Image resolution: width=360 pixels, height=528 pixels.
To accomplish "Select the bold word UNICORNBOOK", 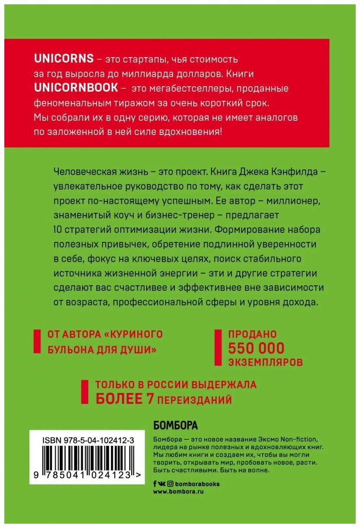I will [x=76, y=87].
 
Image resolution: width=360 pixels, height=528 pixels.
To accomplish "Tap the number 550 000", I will [x=256, y=348].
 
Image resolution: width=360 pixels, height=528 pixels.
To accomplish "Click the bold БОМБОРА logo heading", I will [x=175, y=425].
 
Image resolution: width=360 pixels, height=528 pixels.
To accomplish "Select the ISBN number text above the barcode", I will [x=89, y=440].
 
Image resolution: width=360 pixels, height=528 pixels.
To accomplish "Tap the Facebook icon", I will [x=155, y=484].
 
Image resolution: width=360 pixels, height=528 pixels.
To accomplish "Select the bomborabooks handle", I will [x=197, y=484].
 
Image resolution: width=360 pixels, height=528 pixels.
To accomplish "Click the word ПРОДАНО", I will [x=252, y=335].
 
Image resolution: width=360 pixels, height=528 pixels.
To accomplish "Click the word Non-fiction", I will [x=302, y=440].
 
